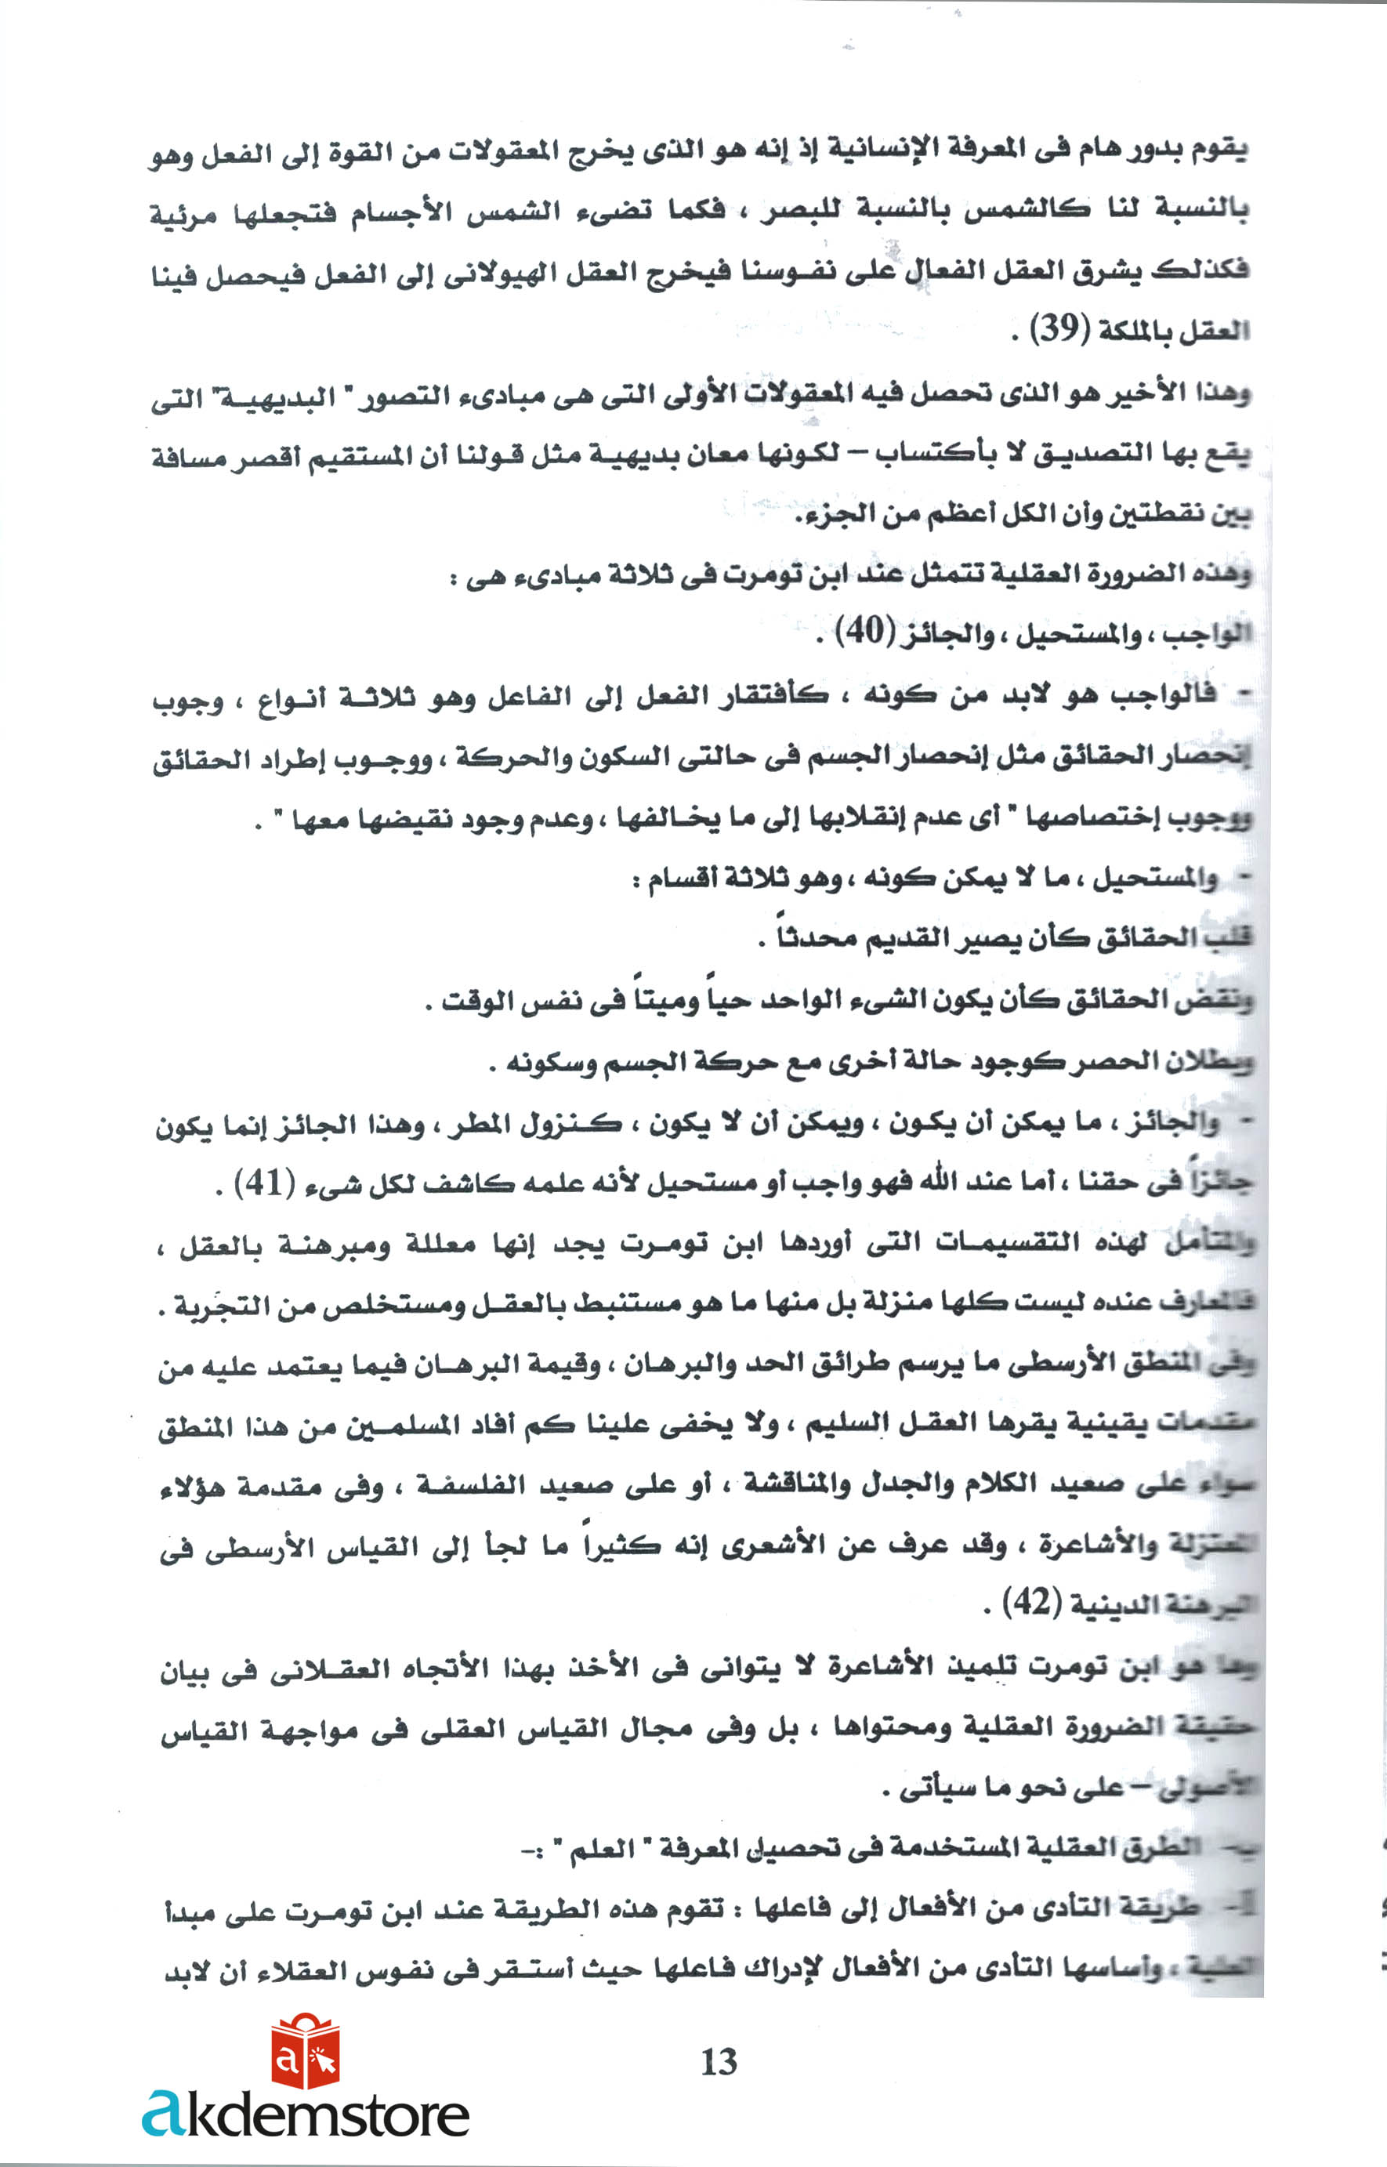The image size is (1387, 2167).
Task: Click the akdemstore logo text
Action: [x=306, y=2113]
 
